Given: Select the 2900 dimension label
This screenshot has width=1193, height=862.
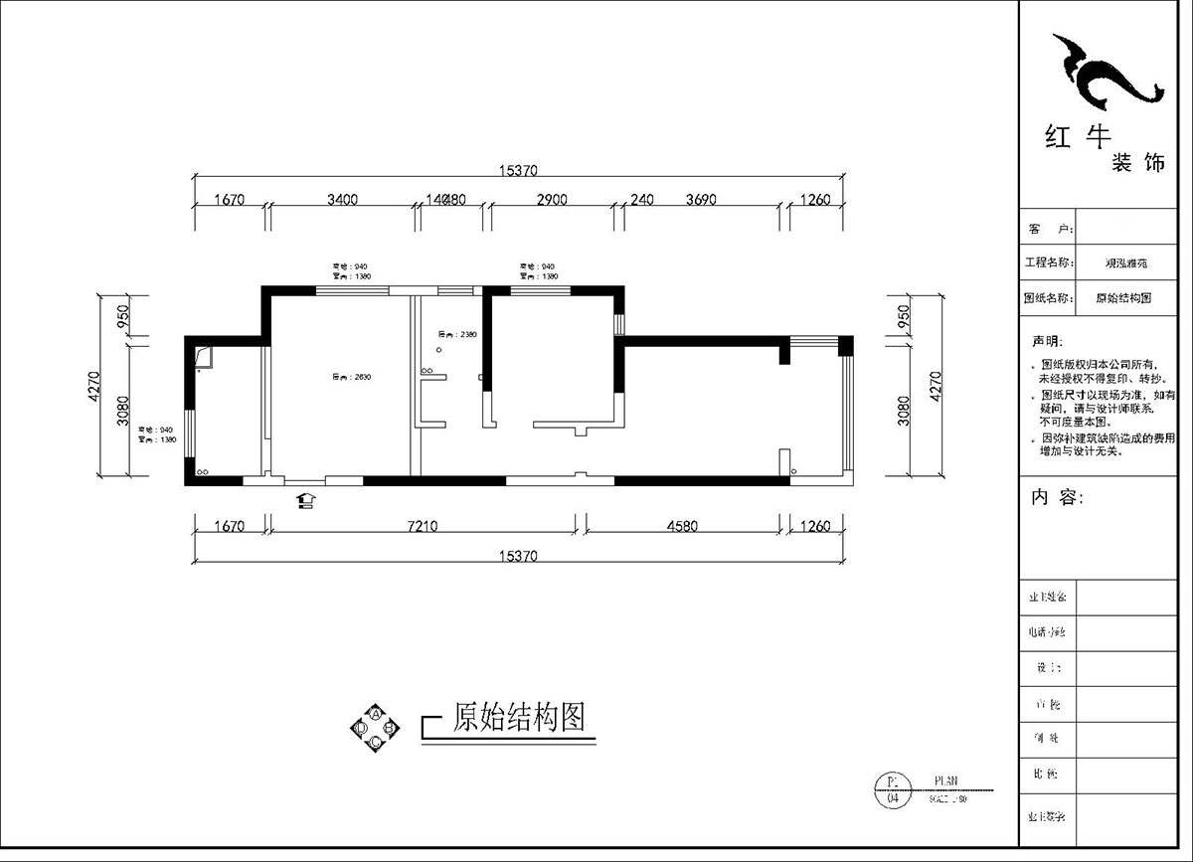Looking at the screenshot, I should (551, 200).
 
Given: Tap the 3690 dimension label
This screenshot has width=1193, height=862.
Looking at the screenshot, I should (701, 200).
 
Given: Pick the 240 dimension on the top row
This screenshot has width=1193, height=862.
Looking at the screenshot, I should (642, 200).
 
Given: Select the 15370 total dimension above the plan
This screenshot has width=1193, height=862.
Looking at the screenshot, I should (518, 171).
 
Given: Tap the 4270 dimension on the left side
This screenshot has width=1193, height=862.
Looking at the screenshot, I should (95, 385).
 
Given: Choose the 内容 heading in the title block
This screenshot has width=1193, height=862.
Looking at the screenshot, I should (1057, 498).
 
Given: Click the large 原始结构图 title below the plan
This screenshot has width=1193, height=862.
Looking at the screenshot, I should (517, 717).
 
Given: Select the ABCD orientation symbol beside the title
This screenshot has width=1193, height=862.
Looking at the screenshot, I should (375, 728).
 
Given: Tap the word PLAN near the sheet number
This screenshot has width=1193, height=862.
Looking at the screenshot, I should (946, 781).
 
